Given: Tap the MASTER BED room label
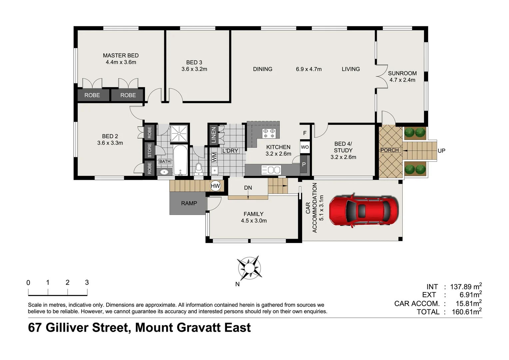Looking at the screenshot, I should [x=121, y=56].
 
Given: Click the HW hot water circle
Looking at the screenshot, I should [x=216, y=186].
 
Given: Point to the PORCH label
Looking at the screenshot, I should [x=389, y=150].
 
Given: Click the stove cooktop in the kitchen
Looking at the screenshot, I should [x=269, y=133].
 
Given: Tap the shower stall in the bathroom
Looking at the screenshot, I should [x=179, y=133].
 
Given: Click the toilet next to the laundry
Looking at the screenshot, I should [x=199, y=169].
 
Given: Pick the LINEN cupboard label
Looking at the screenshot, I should [x=214, y=135].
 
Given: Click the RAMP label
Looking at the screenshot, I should [x=189, y=203].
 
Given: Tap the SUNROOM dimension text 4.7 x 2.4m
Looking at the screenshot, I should [x=402, y=80].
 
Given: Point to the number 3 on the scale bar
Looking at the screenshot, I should [x=87, y=283].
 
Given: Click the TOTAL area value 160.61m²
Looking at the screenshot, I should [x=466, y=312].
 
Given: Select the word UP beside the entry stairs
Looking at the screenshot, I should [x=441, y=151].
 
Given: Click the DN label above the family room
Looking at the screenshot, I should [x=248, y=188].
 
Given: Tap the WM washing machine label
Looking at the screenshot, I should [x=214, y=157].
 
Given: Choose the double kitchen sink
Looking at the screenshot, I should [x=271, y=170].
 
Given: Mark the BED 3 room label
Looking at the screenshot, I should [x=194, y=63].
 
